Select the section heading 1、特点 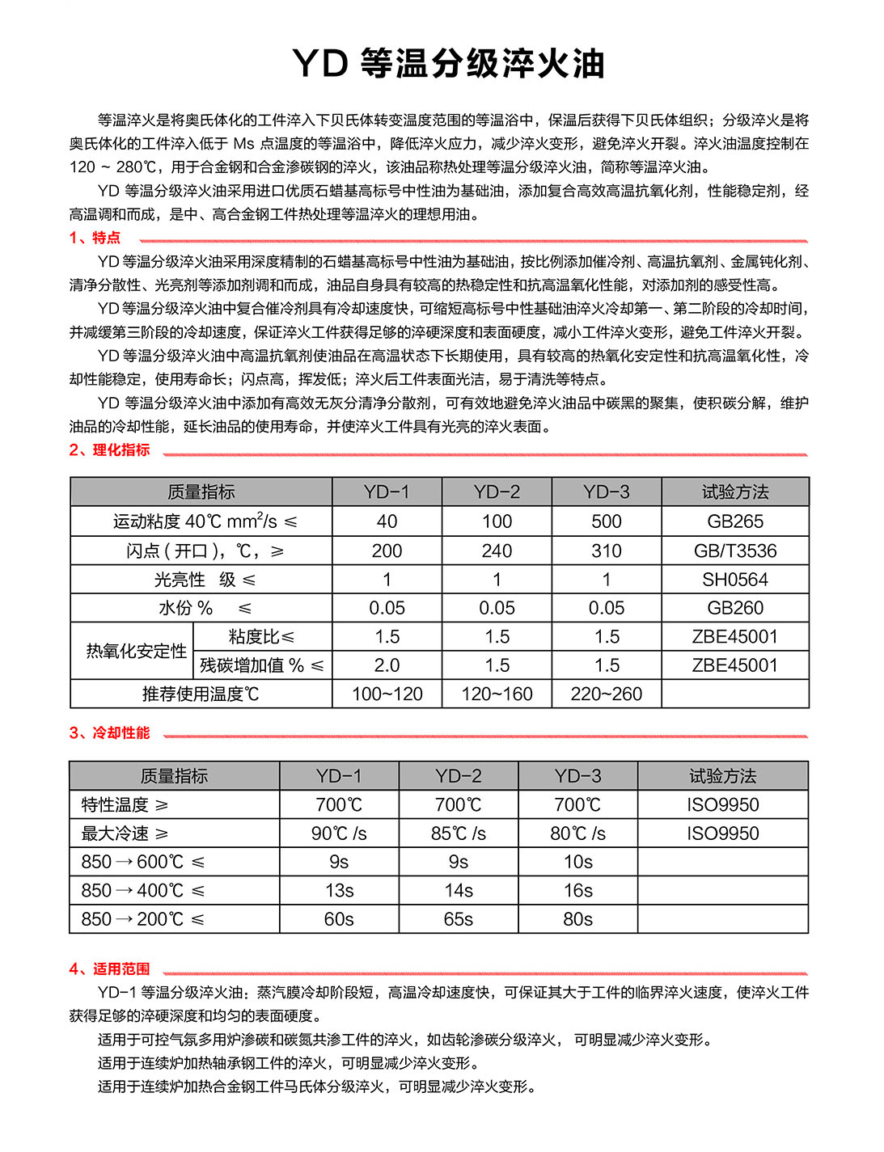point(95,238)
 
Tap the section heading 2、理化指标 point(109,450)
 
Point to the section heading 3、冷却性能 point(109,733)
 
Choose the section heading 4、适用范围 point(109,968)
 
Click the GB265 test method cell point(734,521)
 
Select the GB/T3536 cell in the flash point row point(734,551)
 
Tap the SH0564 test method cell point(734,580)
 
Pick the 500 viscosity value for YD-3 point(606,521)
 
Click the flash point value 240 point(497,551)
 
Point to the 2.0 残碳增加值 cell point(387,665)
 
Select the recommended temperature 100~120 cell point(387,694)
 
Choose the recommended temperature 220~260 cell point(606,694)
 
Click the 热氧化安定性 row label point(136,651)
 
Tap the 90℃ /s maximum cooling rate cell point(339,833)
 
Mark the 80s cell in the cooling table point(577,919)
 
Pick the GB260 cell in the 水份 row point(734,608)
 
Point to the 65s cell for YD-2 point(458,919)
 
